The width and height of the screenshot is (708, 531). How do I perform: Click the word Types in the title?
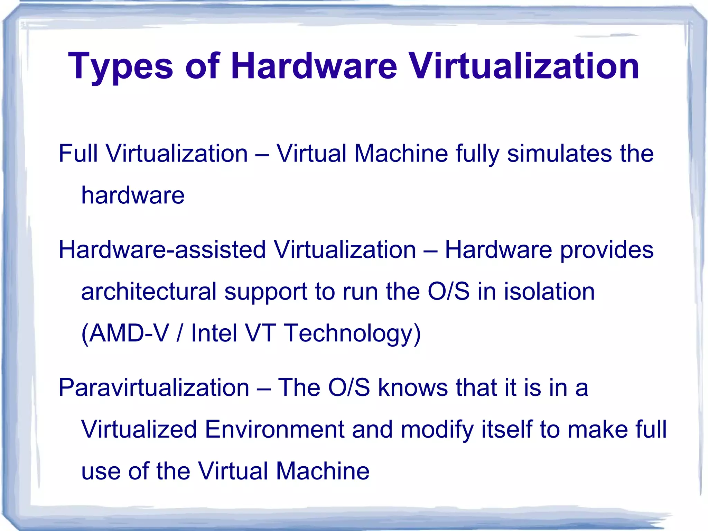[120, 66]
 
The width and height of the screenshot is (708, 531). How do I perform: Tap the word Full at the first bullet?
[78, 153]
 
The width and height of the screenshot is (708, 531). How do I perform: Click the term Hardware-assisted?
[162, 250]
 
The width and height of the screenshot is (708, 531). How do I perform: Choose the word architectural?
[149, 291]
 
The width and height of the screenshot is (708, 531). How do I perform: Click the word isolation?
[549, 291]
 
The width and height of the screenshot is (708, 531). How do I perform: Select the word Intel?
[214, 333]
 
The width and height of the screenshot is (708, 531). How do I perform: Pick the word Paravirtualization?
[154, 387]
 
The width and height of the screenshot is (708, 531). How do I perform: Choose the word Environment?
[274, 429]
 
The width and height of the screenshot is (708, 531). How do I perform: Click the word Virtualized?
[139, 429]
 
